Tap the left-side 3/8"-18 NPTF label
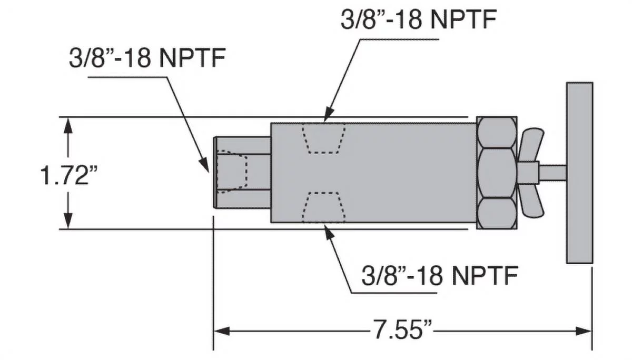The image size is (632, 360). click(147, 58)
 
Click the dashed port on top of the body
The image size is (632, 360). click(323, 138)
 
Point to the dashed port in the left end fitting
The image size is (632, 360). click(232, 170)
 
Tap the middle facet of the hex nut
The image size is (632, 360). click(497, 172)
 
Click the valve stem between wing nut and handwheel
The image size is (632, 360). click(552, 172)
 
